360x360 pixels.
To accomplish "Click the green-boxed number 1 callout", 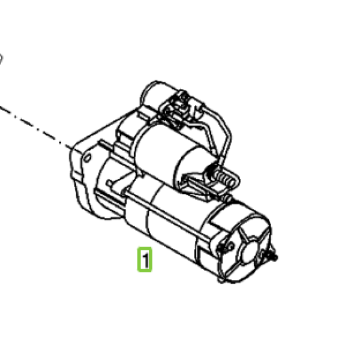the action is tap(145, 259).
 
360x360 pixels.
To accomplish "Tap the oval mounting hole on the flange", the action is tap(88, 158).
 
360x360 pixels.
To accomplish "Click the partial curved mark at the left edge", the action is tap(1, 59).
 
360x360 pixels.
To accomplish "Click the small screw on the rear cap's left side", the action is tap(222, 247).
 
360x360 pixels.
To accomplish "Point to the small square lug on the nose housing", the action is tap(110, 183).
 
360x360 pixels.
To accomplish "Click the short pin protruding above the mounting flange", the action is tap(104, 145).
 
